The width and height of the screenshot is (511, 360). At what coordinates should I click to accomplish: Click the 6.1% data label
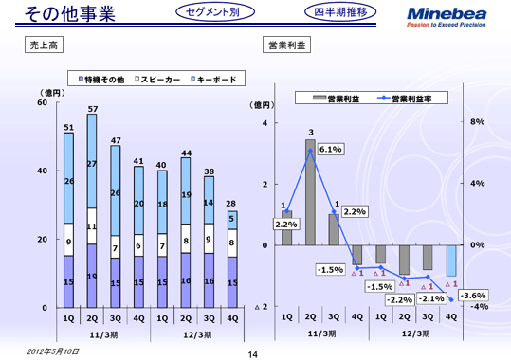click(330, 149)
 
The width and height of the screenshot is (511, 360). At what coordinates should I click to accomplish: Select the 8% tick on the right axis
click(478, 122)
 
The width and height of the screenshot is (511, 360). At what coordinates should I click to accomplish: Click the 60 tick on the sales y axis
click(43, 102)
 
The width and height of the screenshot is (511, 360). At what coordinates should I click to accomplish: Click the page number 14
click(253, 353)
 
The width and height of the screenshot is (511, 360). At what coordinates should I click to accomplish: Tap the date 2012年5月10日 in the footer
click(54, 350)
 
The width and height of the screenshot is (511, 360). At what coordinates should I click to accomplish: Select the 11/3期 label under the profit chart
click(322, 333)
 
